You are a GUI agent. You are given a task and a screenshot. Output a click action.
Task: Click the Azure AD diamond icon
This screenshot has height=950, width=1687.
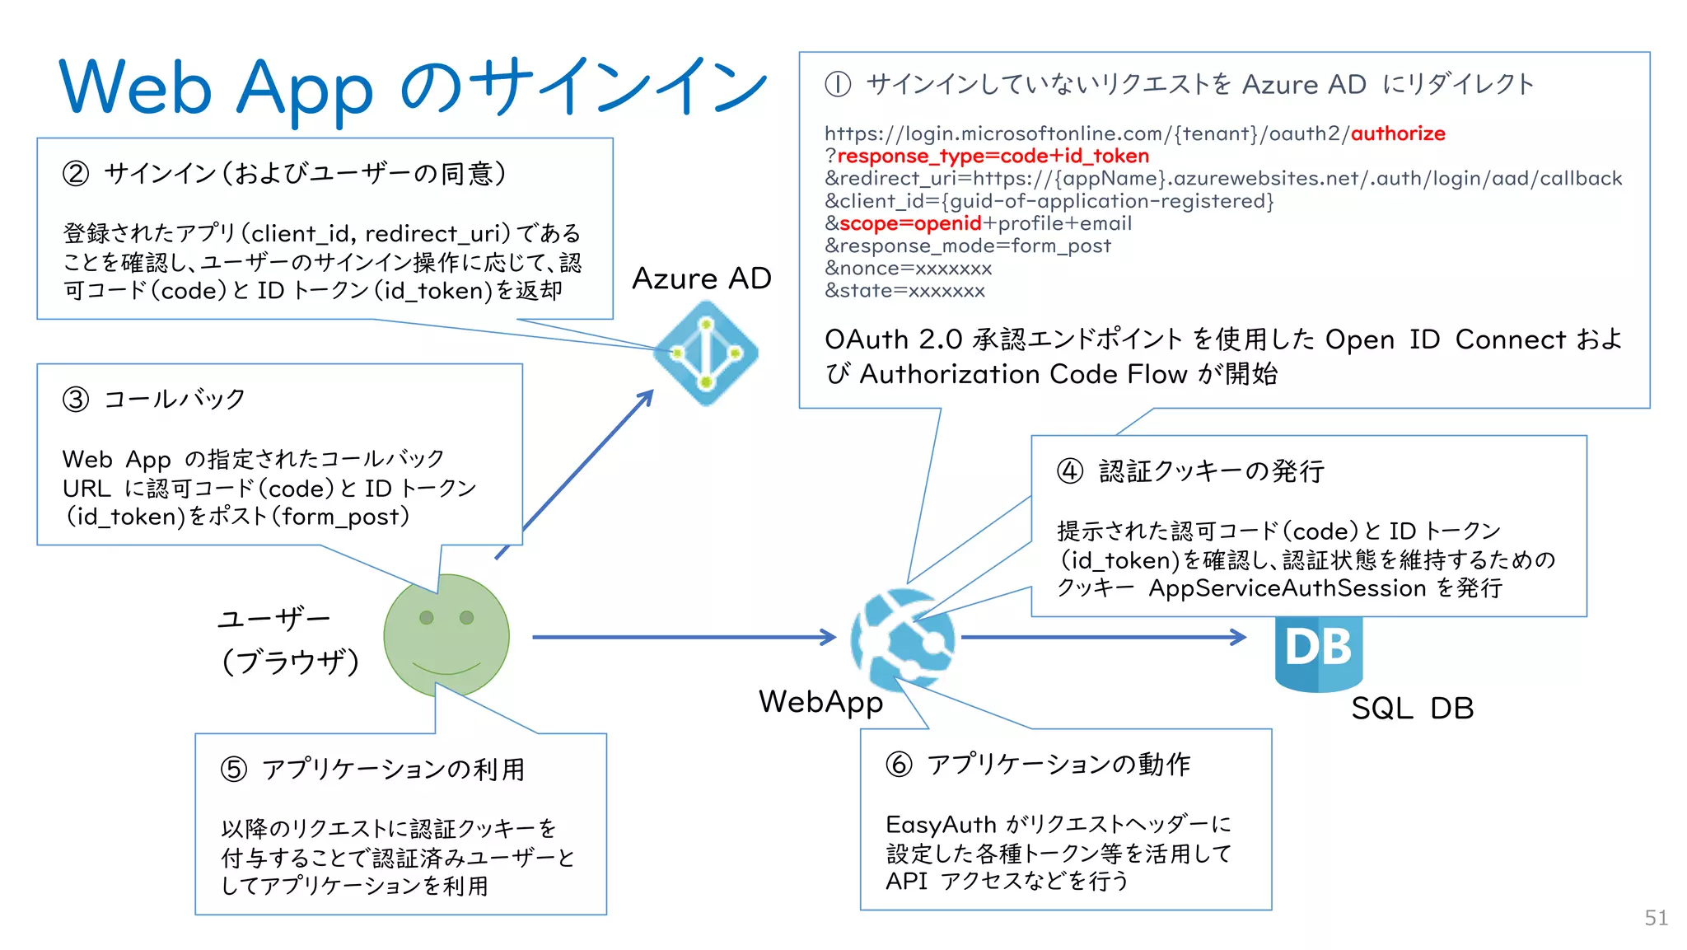pos(706,353)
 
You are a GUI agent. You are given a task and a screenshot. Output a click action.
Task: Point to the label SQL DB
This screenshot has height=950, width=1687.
pos(1412,709)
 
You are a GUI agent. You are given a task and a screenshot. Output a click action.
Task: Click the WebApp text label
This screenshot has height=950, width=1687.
pos(820,702)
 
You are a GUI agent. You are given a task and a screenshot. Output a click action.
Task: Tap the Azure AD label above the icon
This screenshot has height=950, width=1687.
pos(701,278)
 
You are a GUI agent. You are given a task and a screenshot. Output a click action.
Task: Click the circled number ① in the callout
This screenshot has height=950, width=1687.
pos(838,84)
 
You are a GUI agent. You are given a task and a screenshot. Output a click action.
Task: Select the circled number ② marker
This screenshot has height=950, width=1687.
pos(76,174)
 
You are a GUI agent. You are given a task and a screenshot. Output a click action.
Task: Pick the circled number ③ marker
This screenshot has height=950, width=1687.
pos(76,400)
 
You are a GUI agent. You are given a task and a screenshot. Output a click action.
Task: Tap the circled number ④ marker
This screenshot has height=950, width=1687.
pos(1070,471)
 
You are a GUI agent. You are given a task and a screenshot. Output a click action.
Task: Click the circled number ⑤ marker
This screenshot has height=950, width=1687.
pos(234,770)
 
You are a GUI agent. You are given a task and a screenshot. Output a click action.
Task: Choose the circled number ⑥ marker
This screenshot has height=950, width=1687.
pos(899,765)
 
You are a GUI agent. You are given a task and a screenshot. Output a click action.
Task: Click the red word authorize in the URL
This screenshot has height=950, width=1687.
pos(1398,133)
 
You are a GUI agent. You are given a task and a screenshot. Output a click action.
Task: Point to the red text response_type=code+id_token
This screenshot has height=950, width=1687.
pos(993,157)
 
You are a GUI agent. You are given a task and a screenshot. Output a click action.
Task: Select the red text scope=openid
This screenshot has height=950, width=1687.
pos(909,223)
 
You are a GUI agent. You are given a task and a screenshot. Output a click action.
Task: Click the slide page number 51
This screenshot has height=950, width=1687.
pos(1656,918)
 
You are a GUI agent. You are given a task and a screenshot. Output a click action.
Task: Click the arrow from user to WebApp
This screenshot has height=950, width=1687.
pos(684,637)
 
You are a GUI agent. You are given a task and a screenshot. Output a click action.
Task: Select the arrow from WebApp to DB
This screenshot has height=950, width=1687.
pos(1104,637)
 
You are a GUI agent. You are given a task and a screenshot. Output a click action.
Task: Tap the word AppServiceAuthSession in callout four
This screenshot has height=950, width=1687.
pos(1287,588)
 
